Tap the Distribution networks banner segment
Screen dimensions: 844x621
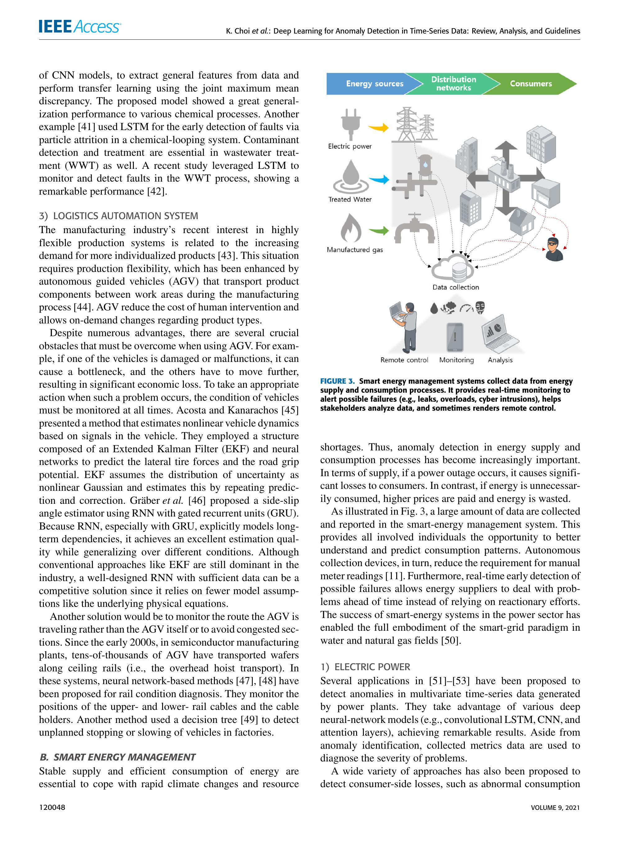453,84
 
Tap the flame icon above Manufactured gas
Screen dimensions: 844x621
351,228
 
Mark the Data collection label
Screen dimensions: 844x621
456,287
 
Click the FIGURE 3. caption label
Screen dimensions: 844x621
337,381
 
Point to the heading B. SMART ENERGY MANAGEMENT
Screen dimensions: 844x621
118,757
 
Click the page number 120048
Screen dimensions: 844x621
52,807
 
